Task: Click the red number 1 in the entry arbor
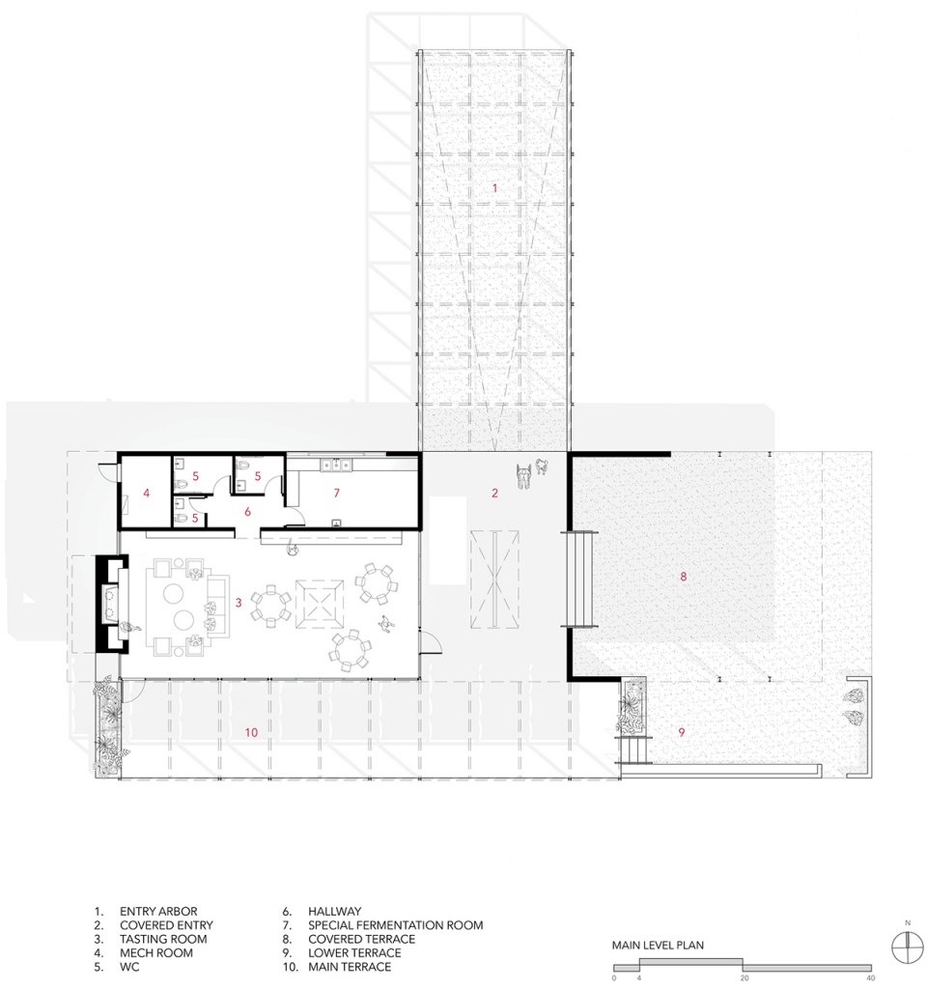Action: pyautogui.click(x=495, y=188)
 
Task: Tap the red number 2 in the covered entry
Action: pyautogui.click(x=495, y=493)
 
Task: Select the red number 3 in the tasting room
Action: pyautogui.click(x=239, y=603)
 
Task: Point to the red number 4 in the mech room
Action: pyautogui.click(x=147, y=493)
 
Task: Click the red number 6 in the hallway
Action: pyautogui.click(x=248, y=512)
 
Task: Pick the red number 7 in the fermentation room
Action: pyautogui.click(x=337, y=493)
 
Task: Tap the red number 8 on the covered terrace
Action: pyautogui.click(x=683, y=576)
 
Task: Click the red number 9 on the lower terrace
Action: pyautogui.click(x=682, y=732)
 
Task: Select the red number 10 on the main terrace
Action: pyautogui.click(x=251, y=732)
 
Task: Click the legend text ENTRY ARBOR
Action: pyautogui.click(x=158, y=912)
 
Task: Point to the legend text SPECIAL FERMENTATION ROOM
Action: pyautogui.click(x=395, y=925)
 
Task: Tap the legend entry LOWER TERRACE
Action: pyautogui.click(x=354, y=953)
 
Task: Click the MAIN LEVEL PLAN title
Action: pyautogui.click(x=658, y=945)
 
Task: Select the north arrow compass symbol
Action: pyautogui.click(x=908, y=948)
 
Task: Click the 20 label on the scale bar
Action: pyautogui.click(x=744, y=978)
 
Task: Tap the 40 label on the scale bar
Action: pyautogui.click(x=871, y=978)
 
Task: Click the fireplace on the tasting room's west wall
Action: pyautogui.click(x=112, y=604)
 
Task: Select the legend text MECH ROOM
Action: pyautogui.click(x=156, y=953)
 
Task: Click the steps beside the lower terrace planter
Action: pyautogui.click(x=633, y=749)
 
